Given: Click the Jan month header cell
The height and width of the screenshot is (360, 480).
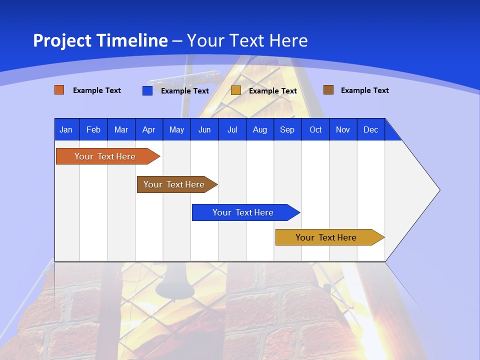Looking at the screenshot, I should tap(66, 129).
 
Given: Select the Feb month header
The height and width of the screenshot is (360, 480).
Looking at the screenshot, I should tap(93, 129).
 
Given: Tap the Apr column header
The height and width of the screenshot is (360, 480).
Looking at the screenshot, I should tap(148, 129).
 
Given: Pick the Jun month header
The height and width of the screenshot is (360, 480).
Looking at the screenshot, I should tap(204, 129).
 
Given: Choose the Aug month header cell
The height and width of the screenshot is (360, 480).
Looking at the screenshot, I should tap(259, 129).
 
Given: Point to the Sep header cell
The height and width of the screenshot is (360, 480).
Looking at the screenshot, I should tap(287, 129).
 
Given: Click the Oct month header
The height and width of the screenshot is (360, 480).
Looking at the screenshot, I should tap(315, 129).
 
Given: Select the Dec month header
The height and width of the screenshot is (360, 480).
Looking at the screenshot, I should tap(370, 129).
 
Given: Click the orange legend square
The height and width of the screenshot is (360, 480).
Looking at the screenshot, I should tap(59, 90).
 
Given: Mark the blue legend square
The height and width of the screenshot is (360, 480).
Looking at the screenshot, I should tap(147, 90).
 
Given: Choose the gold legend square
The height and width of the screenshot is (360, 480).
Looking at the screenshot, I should tap(236, 90).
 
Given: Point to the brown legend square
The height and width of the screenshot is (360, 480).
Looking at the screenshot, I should tap(328, 90).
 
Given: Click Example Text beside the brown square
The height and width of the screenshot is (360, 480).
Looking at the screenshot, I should tap(364, 90).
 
